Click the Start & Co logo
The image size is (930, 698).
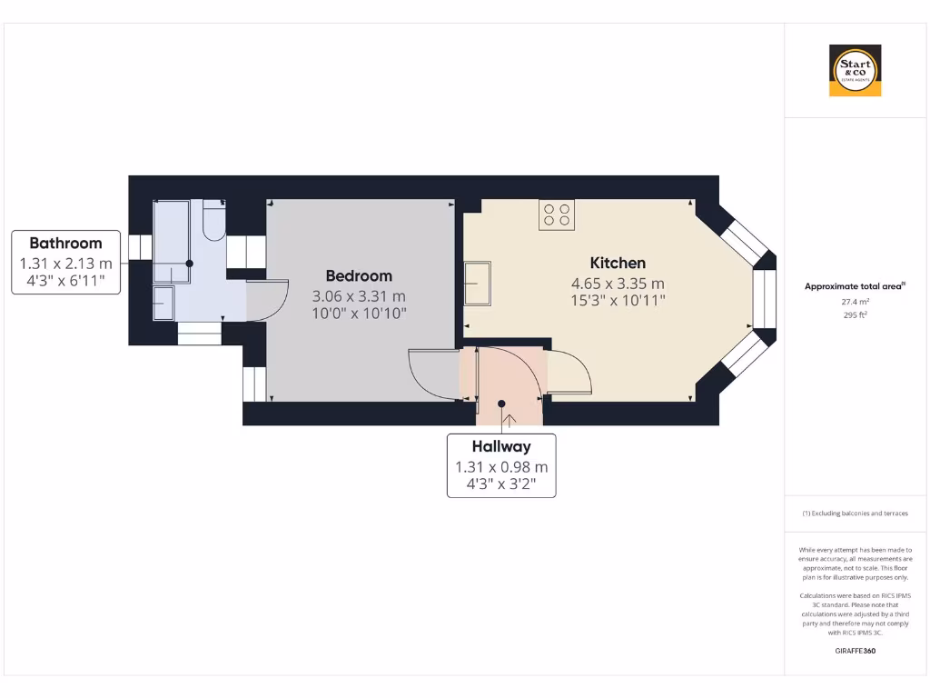855,70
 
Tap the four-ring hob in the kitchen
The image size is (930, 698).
556,214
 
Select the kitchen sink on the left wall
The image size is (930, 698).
478,284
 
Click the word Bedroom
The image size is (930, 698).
359,275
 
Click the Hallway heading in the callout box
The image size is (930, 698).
500,446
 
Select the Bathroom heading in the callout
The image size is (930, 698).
65,243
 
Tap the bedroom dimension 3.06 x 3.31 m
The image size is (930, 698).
359,296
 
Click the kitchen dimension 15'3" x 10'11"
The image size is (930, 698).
618,299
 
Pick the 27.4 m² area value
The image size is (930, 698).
854,301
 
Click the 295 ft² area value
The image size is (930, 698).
854,315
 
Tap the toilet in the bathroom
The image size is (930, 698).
213,222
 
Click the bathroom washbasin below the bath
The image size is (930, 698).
163,302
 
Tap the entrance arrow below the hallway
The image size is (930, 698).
508,420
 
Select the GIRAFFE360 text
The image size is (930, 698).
854,651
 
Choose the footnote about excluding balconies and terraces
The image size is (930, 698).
854,514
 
